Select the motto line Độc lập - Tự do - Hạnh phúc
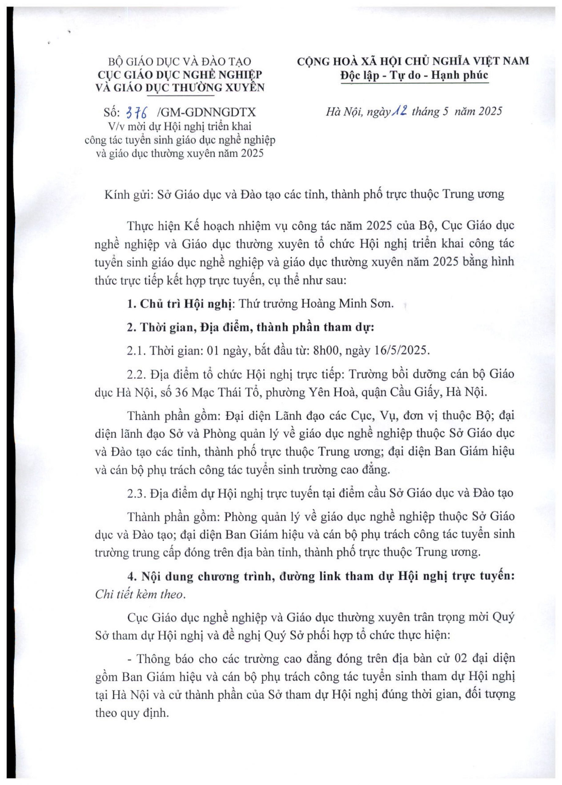414,75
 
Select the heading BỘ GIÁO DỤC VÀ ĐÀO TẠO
180,62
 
